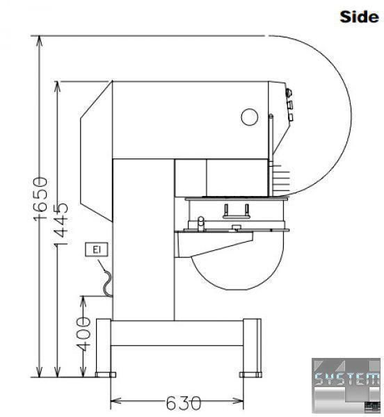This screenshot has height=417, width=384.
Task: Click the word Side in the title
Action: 359,17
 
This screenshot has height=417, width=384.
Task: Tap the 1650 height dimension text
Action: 40,199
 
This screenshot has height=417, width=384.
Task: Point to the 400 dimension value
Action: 83,334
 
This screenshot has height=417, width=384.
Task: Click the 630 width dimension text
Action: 184,403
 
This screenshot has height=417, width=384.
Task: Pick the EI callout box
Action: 96,250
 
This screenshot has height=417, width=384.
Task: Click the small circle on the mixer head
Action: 249,117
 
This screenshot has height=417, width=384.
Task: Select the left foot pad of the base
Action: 106,375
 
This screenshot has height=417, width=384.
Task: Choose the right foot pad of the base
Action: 250,375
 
